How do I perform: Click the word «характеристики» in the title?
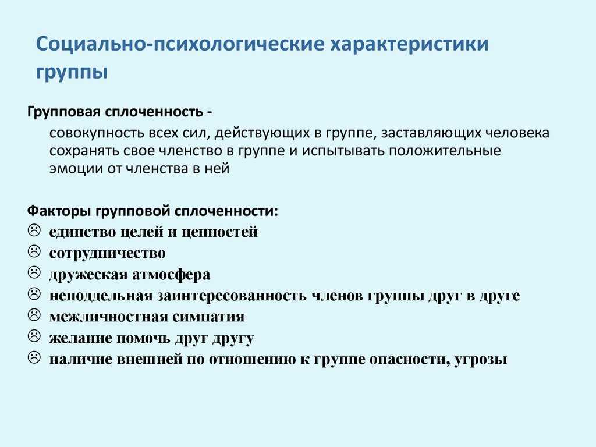409,44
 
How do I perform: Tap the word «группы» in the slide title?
72,72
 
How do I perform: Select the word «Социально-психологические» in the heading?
180,44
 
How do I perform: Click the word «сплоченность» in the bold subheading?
154,112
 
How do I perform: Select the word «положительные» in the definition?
444,151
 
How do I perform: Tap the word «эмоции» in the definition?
76,168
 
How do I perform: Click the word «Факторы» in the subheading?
59,211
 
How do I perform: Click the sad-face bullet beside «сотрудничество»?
34,251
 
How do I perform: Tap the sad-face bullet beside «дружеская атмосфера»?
34,272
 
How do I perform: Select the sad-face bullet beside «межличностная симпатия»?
34,315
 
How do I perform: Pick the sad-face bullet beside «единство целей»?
34,230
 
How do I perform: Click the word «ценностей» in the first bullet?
219,232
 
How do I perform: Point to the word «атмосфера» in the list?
171,275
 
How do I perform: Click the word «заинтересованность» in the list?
232,296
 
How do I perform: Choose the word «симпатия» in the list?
208,317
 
